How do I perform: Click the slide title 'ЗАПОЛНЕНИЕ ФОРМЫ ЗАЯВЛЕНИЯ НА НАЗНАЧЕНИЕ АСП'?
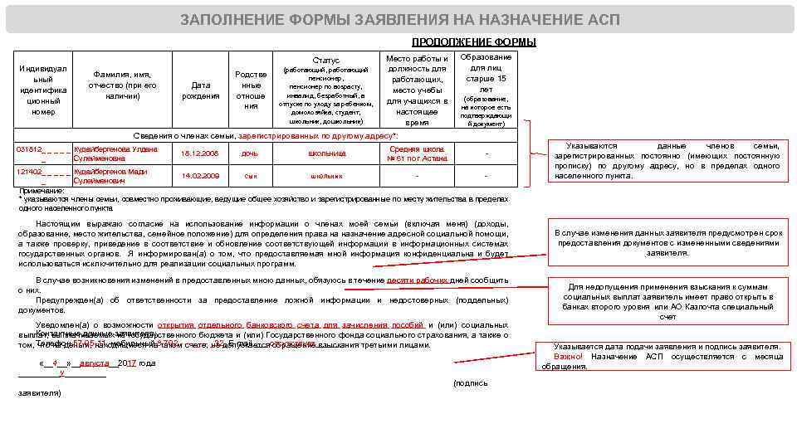(x=399, y=20)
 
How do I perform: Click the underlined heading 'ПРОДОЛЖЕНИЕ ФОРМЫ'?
(x=473, y=42)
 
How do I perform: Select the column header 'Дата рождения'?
(x=201, y=90)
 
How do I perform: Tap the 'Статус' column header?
(x=325, y=61)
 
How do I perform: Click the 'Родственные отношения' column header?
(x=251, y=90)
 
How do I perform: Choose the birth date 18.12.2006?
(x=201, y=153)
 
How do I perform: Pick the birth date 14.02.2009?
(x=201, y=176)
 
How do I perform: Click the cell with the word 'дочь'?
(x=250, y=153)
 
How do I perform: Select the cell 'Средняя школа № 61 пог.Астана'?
(x=417, y=153)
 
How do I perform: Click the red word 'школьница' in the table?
(x=326, y=153)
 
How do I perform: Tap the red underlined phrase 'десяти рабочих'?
(x=417, y=280)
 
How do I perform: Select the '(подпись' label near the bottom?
(x=470, y=382)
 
